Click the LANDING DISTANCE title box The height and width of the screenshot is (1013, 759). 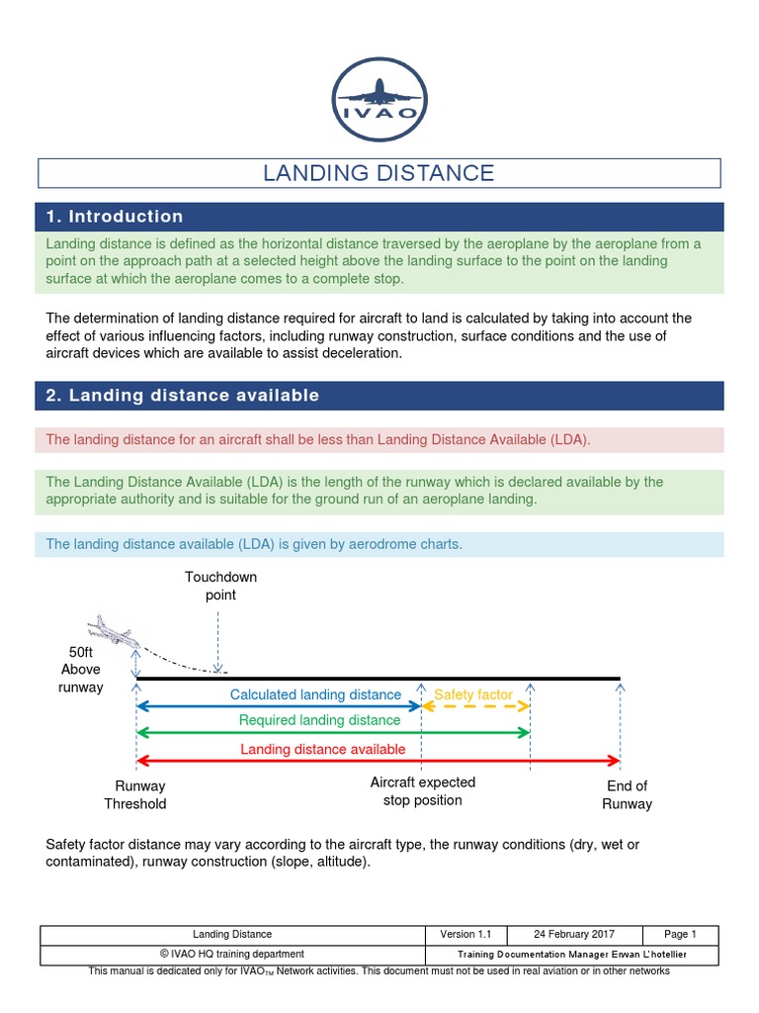pos(379,173)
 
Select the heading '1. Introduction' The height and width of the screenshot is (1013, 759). pos(115,217)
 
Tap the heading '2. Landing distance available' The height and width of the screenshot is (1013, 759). pos(183,396)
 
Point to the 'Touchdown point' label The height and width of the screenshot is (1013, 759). pos(219,586)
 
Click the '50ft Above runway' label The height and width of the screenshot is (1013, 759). pos(81,670)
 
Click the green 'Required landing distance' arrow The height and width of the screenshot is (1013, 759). pos(333,733)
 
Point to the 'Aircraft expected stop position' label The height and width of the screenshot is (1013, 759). pos(422,791)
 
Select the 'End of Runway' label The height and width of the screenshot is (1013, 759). pos(627,795)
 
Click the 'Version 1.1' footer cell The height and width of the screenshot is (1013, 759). pos(465,934)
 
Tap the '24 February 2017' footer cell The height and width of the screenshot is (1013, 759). pos(574,934)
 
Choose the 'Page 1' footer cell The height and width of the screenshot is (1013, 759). pos(680,934)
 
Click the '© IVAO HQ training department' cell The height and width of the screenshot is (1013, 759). pos(232,954)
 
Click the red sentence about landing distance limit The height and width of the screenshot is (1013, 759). pos(318,440)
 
